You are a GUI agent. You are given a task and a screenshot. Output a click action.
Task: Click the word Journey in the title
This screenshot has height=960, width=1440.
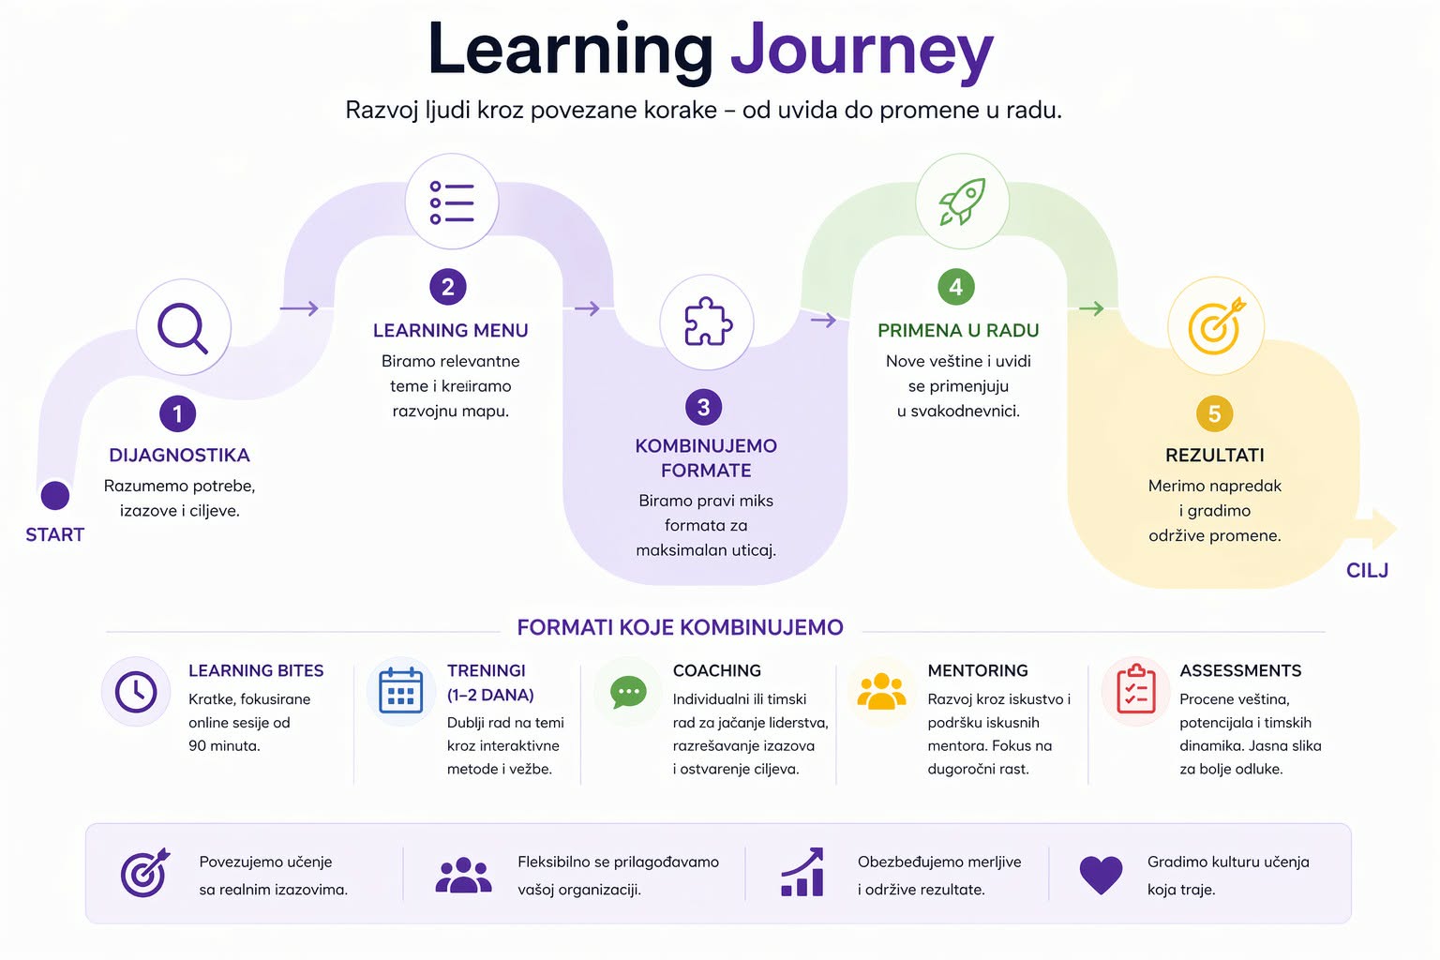pos(861,51)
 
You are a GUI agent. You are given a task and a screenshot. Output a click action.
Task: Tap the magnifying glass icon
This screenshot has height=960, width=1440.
pos(183,327)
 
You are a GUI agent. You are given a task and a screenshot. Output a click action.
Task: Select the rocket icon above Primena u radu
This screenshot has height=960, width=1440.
pos(962,202)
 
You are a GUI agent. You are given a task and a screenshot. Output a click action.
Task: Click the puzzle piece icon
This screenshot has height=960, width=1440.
pos(707,322)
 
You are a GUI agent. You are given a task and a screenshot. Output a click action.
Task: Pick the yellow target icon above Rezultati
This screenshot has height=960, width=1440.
pos(1216,325)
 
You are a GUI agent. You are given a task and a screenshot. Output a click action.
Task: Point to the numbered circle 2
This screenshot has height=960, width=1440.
pos(448,287)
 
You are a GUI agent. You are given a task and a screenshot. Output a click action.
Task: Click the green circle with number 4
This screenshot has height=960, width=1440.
pos(956,287)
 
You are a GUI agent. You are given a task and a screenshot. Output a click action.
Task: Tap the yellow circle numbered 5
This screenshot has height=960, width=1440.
pos(1214,413)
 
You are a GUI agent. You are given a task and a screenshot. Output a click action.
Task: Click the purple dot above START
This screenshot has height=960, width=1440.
pos(55,495)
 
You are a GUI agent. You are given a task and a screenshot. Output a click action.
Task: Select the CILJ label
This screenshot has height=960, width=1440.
pos(1367,570)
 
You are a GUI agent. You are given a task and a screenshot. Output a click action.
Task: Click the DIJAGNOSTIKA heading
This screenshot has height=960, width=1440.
pos(179,456)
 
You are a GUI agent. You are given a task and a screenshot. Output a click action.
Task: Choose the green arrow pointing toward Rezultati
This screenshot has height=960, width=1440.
pos(1091,308)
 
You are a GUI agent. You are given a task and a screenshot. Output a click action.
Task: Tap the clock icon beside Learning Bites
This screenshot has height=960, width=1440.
pos(136,692)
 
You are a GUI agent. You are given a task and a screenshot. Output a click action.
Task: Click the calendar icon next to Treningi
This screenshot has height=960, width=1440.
pos(400,692)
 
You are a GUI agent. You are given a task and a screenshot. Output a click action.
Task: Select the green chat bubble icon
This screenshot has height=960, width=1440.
pos(628,693)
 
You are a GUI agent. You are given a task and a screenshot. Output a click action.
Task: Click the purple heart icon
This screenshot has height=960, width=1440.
pos(1101,874)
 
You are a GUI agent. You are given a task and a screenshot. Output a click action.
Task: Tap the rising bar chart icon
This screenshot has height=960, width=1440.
pos(802,873)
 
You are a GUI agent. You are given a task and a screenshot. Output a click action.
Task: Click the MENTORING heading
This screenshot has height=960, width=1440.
pos(978,670)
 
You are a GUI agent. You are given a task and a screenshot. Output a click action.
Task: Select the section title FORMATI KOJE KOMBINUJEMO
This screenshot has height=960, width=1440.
pos(680,627)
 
